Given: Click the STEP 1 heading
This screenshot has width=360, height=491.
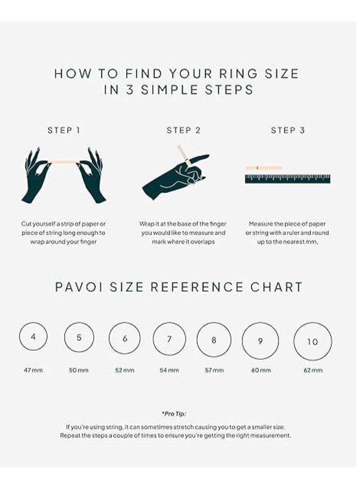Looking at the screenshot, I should pyautogui.click(x=64, y=131).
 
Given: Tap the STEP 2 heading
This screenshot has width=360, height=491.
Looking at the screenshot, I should pyautogui.click(x=184, y=131).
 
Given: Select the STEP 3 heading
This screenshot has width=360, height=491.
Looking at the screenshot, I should pyautogui.click(x=288, y=131).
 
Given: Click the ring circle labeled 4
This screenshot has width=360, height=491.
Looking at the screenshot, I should pyautogui.click(x=33, y=337).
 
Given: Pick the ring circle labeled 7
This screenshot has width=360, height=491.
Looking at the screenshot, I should pyautogui.click(x=169, y=340).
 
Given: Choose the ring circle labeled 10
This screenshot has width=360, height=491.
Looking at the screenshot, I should pyautogui.click(x=312, y=342).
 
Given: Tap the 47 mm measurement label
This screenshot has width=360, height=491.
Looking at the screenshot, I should pyautogui.click(x=33, y=370).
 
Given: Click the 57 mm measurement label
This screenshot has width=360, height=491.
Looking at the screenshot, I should pyautogui.click(x=214, y=370).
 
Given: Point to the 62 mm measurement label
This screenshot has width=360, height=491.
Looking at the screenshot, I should pyautogui.click(x=312, y=370).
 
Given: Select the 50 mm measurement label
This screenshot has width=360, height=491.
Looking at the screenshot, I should pyautogui.click(x=79, y=370).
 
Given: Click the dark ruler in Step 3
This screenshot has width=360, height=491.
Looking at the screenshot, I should pyautogui.click(x=288, y=179).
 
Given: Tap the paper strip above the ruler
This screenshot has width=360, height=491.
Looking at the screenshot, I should pyautogui.click(x=264, y=168).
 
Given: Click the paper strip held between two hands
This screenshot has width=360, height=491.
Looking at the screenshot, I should pyautogui.click(x=64, y=161).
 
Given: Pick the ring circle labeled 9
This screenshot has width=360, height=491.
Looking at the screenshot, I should pyautogui.click(x=260, y=341).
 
